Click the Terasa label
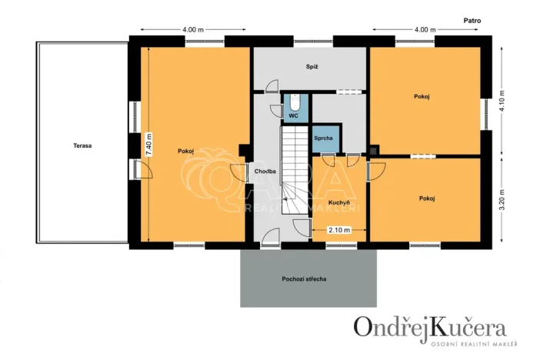(x=83, y=145)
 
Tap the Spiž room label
(x=311, y=67)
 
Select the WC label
(x=293, y=116)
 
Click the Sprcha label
(x=324, y=138)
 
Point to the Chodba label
(x=255, y=172)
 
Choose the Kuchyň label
(x=339, y=202)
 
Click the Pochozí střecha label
(x=310, y=278)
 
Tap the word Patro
(x=472, y=22)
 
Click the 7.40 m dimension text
(x=149, y=145)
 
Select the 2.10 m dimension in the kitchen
(x=339, y=230)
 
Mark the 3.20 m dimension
(x=502, y=202)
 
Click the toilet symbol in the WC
(x=293, y=102)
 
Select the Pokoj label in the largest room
(x=185, y=151)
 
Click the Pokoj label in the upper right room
(x=421, y=96)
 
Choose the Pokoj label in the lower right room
(x=427, y=198)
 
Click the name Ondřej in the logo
(x=389, y=327)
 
